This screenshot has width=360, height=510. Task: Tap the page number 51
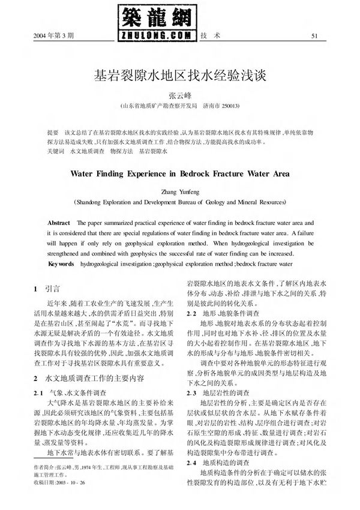pyautogui.click(x=313, y=35)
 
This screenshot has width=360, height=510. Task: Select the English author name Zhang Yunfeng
pyautogui.click(x=180, y=193)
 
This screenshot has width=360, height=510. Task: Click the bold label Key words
pyautogui.click(x=61, y=263)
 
